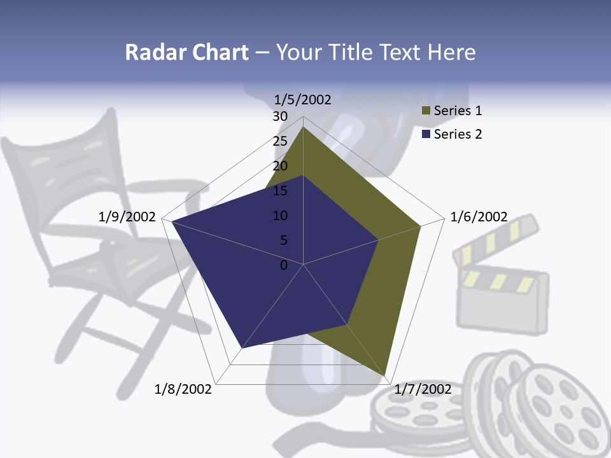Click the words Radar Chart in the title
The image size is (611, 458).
pyautogui.click(x=186, y=52)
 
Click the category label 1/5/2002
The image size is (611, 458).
pyautogui.click(x=302, y=100)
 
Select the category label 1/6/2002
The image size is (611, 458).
pyautogui.click(x=479, y=217)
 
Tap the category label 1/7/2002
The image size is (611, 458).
pyautogui.click(x=423, y=389)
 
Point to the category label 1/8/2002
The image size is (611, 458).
pyautogui.click(x=183, y=389)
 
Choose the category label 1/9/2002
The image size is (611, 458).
pyautogui.click(x=127, y=217)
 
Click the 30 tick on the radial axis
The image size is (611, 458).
pyautogui.click(x=280, y=116)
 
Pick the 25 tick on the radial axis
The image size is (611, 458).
pyautogui.click(x=280, y=141)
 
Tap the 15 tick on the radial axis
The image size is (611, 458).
pyautogui.click(x=280, y=191)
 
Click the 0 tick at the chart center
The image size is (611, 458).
pyautogui.click(x=284, y=265)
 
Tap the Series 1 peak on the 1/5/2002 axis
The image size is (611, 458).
pyautogui.click(x=304, y=127)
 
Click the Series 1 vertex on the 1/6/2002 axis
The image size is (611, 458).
pyautogui.click(x=421, y=226)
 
